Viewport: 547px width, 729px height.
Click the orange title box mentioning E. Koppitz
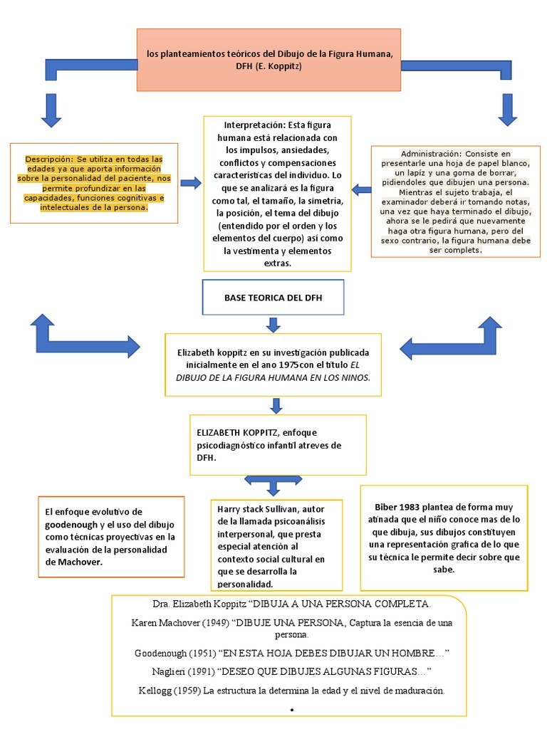click(269, 60)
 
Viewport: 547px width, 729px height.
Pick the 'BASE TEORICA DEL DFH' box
click(273, 298)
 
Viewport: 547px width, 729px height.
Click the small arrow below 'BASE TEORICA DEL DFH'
click(273, 325)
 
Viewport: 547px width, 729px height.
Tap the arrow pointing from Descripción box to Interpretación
click(191, 184)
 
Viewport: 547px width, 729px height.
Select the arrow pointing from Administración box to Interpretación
click(361, 189)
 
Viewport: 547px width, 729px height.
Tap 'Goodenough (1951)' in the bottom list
click(174, 653)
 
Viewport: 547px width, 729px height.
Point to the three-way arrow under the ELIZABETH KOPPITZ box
click(274, 484)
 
